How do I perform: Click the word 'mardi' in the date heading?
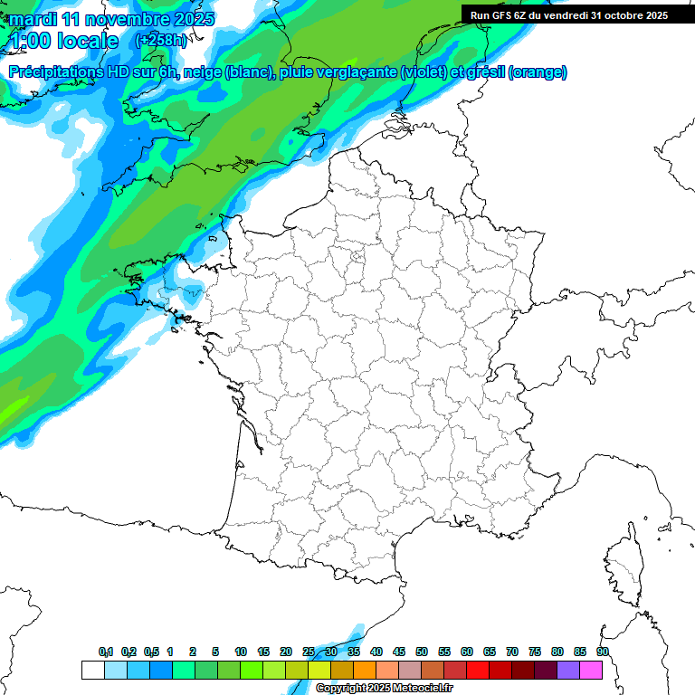[x=32, y=19]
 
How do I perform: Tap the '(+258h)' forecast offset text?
[x=163, y=41]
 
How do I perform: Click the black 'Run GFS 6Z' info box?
[x=569, y=14]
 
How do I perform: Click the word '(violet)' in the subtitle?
[x=424, y=72]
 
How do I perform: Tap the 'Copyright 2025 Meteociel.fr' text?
[x=384, y=689]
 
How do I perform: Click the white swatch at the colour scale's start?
[x=92, y=670]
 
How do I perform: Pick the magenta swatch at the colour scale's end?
[x=591, y=670]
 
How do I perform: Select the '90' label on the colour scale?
[x=603, y=652]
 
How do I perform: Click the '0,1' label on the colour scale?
[x=106, y=652]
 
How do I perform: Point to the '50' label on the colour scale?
[x=422, y=652]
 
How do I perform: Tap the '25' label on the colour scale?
[x=309, y=652]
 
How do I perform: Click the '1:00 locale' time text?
[x=63, y=41]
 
